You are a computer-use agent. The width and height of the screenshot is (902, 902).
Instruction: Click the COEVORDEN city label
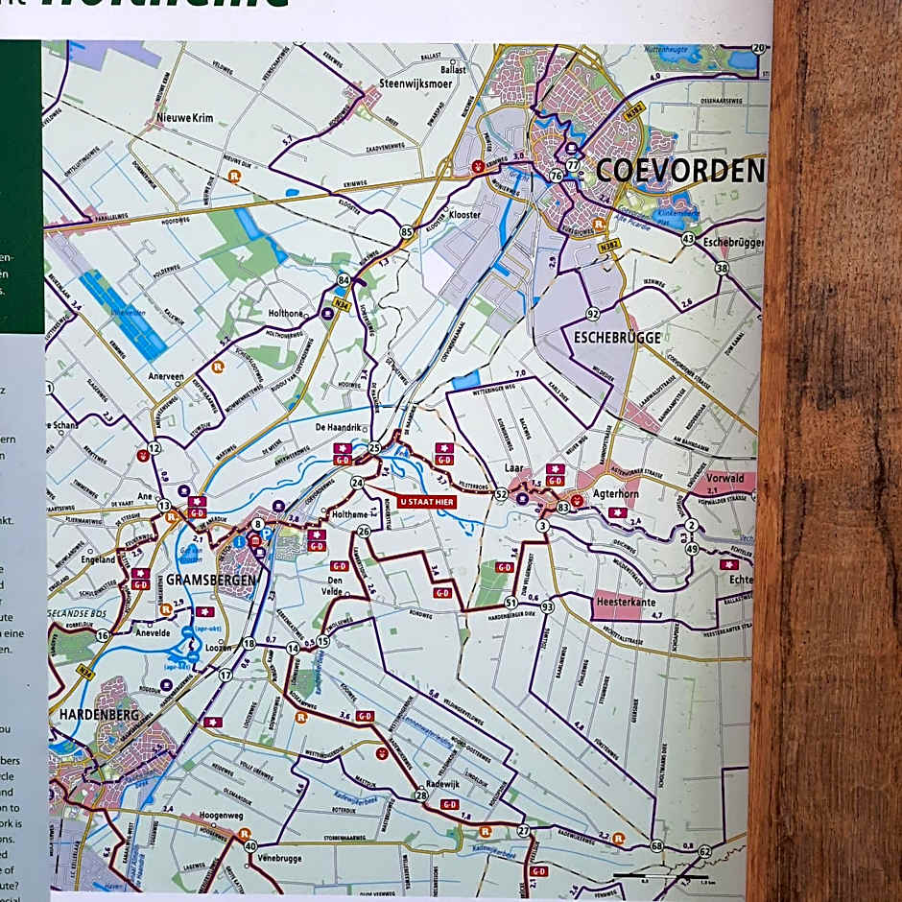[x=679, y=172]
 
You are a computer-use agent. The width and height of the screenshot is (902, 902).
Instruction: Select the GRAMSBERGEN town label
[x=210, y=581]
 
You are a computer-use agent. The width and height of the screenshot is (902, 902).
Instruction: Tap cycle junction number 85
[x=407, y=231]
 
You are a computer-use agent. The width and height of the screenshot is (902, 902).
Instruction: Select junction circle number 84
[x=343, y=279]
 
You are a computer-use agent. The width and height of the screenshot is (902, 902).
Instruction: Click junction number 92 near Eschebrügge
[x=593, y=314]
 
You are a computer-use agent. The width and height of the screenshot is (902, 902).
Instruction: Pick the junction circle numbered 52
[x=501, y=493]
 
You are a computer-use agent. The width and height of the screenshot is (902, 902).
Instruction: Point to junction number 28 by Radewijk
[x=420, y=795]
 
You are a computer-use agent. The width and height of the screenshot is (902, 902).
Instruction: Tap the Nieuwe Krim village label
[x=182, y=119]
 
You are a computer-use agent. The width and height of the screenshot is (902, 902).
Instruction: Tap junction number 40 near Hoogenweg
[x=250, y=845]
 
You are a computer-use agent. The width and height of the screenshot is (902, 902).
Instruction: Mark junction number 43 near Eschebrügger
[x=688, y=238]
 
